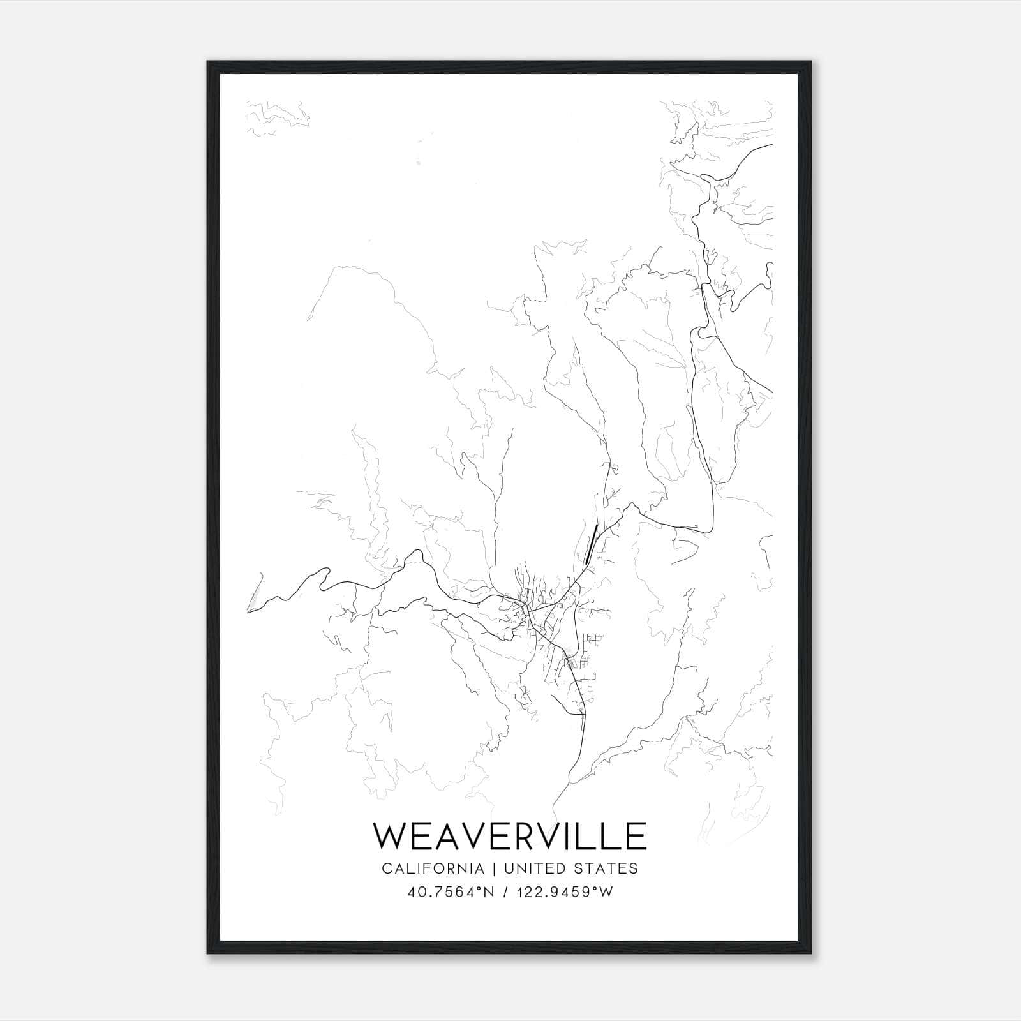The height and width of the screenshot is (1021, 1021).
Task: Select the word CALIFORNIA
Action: click(x=432, y=868)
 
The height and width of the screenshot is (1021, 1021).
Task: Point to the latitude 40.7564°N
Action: click(x=451, y=892)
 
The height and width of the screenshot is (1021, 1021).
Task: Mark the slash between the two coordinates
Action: click(x=505, y=892)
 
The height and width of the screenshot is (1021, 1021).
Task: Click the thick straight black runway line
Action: click(x=591, y=544)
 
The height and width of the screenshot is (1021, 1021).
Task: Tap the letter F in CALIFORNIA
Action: click(x=428, y=868)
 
